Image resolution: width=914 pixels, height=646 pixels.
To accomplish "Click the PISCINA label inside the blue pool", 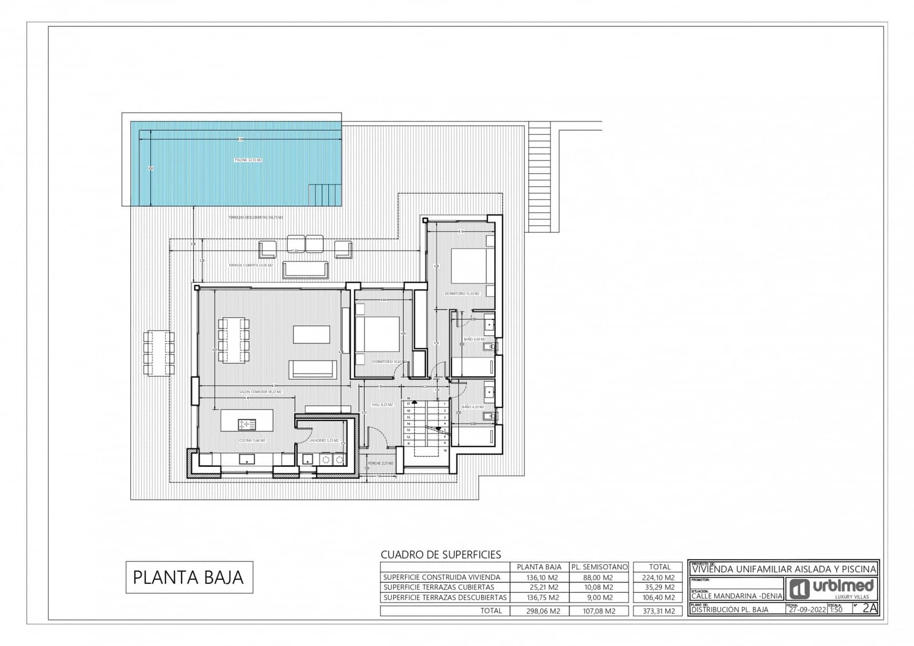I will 248,161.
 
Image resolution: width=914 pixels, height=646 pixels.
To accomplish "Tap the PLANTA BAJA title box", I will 189,577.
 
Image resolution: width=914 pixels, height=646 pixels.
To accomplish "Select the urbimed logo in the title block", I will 832,588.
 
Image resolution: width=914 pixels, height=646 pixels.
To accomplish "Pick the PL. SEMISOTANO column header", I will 599,567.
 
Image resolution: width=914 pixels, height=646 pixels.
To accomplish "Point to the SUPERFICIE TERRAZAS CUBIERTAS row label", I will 439,587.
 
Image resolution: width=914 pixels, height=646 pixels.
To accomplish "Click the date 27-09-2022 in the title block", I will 806,609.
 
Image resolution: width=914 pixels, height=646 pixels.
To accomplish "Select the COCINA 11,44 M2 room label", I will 252,440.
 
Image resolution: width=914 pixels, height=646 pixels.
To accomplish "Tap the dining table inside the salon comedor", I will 234,340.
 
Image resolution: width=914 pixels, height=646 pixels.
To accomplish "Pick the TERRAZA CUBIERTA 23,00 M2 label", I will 250,266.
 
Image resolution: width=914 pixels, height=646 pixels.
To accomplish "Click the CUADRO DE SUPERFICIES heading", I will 440,555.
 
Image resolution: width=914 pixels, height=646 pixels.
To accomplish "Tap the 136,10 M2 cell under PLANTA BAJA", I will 539,577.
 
